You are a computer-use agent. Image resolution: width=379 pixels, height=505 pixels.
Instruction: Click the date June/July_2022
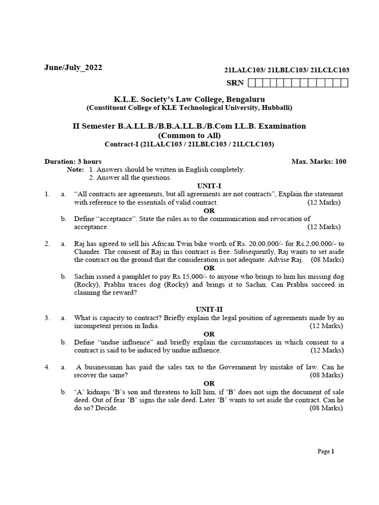[74, 68]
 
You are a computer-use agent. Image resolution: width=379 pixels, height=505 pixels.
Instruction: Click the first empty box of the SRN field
[252, 83]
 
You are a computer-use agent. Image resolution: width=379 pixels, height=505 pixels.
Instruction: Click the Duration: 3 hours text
[73, 161]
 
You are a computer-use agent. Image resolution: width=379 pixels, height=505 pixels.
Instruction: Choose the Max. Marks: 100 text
[319, 161]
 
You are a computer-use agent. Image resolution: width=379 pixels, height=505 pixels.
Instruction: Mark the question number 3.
[47, 318]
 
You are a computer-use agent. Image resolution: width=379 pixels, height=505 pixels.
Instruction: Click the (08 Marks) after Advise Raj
[328, 259]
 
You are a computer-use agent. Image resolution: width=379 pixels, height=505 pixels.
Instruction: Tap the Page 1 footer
[326, 451]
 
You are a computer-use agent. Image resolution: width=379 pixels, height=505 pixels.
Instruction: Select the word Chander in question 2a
[86, 252]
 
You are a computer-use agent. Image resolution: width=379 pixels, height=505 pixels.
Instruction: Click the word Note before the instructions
[75, 169]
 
